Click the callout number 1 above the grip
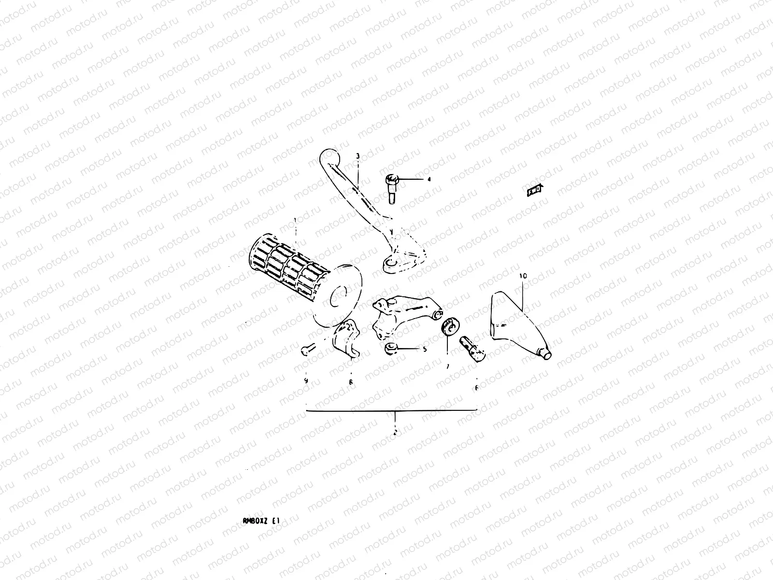point(295,221)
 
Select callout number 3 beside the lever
point(358,156)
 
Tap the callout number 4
point(428,179)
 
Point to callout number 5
point(425,349)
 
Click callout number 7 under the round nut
point(447,367)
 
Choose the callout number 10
point(523,276)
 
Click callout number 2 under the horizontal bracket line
point(395,432)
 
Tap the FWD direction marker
point(534,191)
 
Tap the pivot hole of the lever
point(390,263)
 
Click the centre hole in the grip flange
point(340,296)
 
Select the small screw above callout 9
point(307,349)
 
